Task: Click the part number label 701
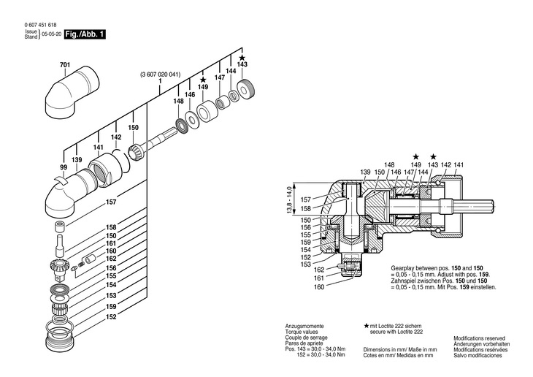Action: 64,64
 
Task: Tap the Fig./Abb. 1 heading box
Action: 85,34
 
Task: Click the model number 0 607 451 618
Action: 40,25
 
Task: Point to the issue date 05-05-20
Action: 52,34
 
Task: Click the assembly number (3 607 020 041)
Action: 160,75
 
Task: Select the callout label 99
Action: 64,167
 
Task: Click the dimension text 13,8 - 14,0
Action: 289,200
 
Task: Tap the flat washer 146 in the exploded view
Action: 193,119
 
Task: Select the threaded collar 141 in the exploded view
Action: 101,169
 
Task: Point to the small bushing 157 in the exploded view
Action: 59,226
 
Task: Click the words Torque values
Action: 302,332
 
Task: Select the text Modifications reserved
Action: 479,338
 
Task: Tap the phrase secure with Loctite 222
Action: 396,332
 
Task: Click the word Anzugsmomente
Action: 304,326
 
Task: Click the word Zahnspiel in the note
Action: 402,281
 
